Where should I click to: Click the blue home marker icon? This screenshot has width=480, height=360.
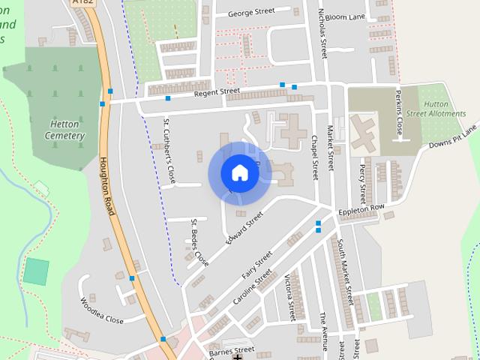click(x=240, y=173)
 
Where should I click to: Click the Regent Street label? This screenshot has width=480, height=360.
click(x=217, y=91)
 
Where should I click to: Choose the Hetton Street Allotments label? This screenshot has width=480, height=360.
click(x=446, y=109)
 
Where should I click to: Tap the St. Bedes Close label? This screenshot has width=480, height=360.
click(x=199, y=242)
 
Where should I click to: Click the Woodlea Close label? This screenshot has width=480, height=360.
click(x=101, y=310)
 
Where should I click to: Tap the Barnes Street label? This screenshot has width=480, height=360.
click(x=232, y=350)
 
